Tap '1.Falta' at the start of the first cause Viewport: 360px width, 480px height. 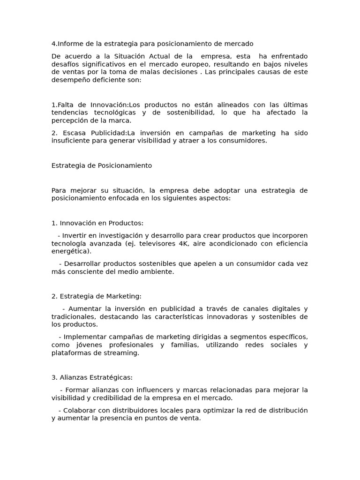[x=61, y=105]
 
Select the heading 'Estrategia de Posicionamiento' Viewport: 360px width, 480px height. [x=101, y=165]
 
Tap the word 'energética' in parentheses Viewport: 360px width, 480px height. [x=70, y=252]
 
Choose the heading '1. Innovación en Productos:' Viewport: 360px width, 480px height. [x=97, y=223]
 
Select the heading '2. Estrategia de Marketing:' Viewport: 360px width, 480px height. [x=96, y=296]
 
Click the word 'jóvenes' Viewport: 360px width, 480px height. [x=79, y=345]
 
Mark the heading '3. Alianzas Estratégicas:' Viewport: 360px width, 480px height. [x=92, y=377]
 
